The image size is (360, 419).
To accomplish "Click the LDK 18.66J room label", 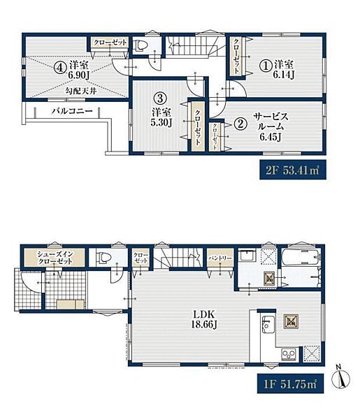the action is tap(203, 319).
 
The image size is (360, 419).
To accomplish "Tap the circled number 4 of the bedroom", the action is tap(60, 68).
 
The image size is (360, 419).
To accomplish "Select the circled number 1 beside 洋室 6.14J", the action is tap(266, 66).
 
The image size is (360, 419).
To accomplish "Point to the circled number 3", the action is tap(160, 98).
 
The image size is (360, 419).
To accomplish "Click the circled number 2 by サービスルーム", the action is tap(240, 124).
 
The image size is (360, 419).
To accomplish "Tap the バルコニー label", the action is tap(72, 111).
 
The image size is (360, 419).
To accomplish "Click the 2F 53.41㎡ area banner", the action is tap(293, 170).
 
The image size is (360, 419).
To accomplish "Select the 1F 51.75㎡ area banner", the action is tap(291, 383).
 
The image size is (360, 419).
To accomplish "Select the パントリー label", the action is tap(220, 258).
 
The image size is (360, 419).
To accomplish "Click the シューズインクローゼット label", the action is tap(55, 258).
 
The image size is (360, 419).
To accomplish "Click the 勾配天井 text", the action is tap(81, 91).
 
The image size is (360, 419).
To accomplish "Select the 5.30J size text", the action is tap(161, 122).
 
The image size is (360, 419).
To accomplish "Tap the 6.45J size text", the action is tap(270, 138).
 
